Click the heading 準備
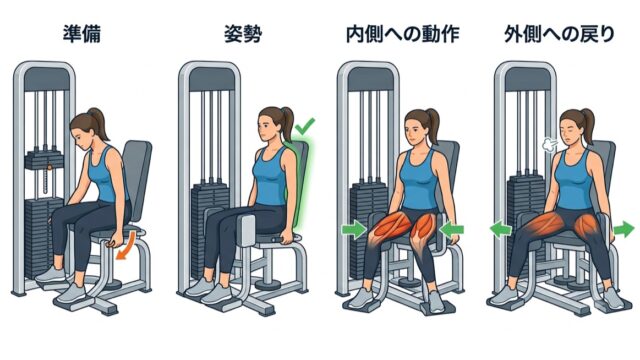click(x=82, y=34)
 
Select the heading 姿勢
click(x=243, y=34)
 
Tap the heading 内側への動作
click(x=403, y=34)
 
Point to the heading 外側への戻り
click(x=560, y=34)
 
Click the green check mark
click(x=305, y=126)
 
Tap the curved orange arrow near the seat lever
click(x=127, y=245)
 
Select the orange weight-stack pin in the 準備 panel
click(x=49, y=167)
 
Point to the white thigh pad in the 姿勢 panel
click(x=246, y=231)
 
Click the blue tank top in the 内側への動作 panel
click(x=418, y=179)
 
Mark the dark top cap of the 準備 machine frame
click(x=46, y=79)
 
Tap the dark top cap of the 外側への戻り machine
click(x=527, y=79)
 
